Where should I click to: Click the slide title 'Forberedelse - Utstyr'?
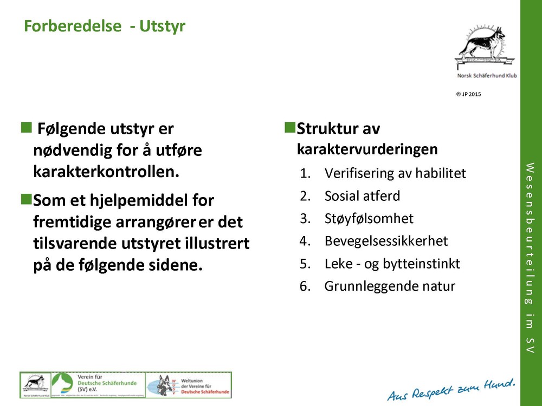(105, 26)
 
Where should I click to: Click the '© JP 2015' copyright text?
(469, 94)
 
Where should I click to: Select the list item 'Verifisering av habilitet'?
(395, 173)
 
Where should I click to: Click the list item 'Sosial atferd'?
(362, 196)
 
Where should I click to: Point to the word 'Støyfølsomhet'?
(369, 219)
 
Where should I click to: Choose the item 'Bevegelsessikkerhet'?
(386, 241)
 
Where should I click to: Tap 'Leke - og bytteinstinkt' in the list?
(392, 264)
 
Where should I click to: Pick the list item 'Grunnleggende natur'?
(390, 286)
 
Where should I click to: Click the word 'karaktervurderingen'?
(367, 149)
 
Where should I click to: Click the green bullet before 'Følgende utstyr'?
(25, 128)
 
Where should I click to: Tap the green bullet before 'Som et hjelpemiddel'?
(25, 199)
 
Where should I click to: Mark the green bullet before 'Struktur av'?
(289, 128)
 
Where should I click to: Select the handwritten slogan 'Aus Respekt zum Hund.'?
(451, 390)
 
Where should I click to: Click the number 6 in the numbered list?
(304, 286)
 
